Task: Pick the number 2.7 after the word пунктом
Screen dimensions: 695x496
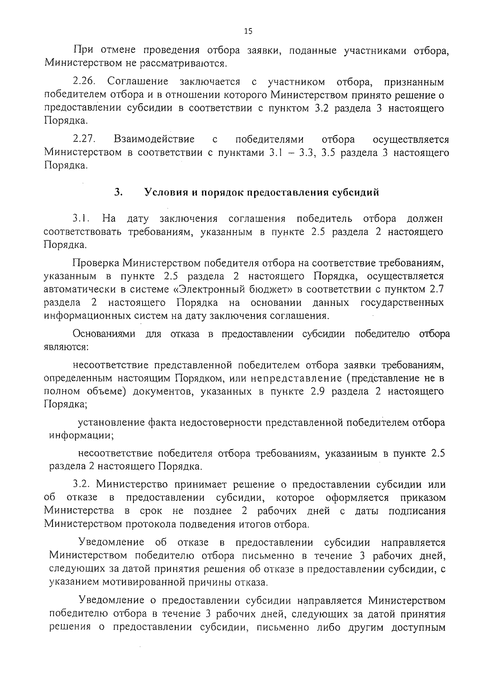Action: (436, 289)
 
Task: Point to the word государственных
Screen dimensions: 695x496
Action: (402, 302)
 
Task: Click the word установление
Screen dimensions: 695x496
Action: (110, 423)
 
